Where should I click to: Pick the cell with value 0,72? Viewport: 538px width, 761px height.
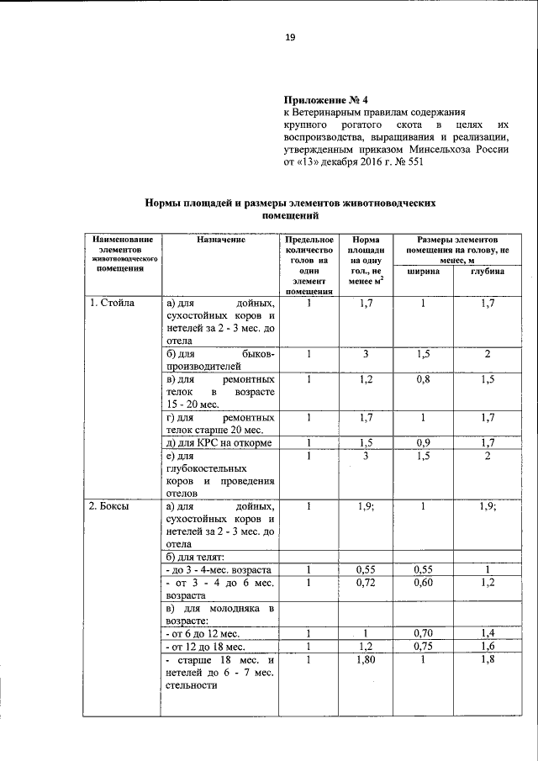coord(366,582)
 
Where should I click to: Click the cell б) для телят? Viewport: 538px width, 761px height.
coord(194,557)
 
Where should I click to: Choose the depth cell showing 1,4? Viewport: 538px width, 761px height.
coord(488,632)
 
